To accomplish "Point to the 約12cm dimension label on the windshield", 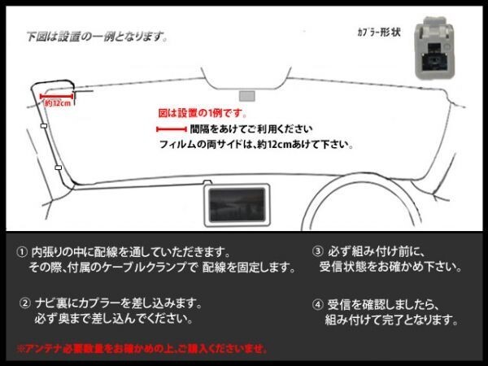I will (x=57, y=103).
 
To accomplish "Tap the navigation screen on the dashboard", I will (x=236, y=203).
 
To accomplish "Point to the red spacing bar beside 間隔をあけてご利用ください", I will (x=170, y=129).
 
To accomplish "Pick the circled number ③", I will (x=317, y=251).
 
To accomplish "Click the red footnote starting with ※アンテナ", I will (x=142, y=348).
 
